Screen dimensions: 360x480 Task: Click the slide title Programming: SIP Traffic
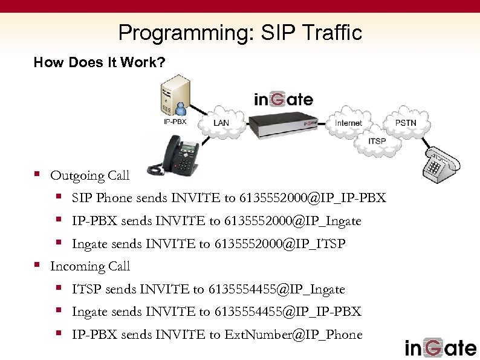pos(240,32)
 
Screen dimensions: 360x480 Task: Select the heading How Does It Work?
pos(99,62)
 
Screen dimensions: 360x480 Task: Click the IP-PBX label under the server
pos(175,122)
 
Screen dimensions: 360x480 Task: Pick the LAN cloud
pos(221,123)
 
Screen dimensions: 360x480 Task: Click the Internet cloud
pos(348,123)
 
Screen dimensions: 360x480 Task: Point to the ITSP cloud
pos(377,142)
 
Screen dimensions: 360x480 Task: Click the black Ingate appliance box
pos(284,125)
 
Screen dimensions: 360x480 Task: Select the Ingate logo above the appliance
pos(283,99)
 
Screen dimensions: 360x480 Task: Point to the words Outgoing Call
pos(90,176)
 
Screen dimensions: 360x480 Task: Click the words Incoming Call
pos(90,267)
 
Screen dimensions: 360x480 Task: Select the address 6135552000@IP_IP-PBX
pos(313,198)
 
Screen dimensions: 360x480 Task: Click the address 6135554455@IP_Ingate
pos(276,290)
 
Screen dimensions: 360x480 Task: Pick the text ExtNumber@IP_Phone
pos(293,335)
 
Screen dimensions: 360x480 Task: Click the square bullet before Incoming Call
pos(37,265)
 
